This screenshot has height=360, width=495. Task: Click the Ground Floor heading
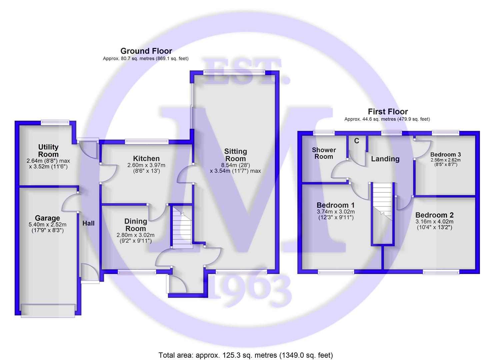pos(146,51)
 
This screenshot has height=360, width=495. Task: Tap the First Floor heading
pos(388,112)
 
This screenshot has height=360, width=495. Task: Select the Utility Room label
pos(48,150)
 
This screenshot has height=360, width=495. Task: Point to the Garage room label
pos(47,218)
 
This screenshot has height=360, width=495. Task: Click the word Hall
pos(88,223)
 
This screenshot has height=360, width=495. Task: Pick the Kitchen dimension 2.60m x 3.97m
pos(146,165)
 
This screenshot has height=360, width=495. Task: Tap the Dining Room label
pos(136,225)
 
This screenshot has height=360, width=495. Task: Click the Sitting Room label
pos(235,155)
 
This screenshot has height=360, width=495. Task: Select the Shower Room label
pos(324,153)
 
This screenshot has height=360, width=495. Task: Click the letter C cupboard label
pos(356,141)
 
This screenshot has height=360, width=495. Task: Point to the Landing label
pos(385,159)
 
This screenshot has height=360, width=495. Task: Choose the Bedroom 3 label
pos(445,154)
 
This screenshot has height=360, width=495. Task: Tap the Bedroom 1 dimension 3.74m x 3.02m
pos(336,211)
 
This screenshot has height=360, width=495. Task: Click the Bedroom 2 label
pos(434,215)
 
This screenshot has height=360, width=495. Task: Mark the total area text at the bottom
pos(246,355)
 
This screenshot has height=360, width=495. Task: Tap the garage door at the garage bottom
pos(48,311)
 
